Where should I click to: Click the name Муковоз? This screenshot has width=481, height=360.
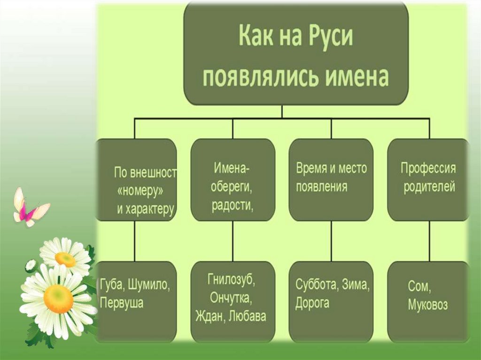click(428, 306)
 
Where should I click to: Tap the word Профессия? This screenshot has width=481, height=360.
click(428, 168)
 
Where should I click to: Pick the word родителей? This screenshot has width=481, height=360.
click(428, 186)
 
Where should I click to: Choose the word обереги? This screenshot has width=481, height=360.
click(232, 188)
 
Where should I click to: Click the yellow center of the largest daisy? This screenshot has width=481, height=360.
click(58, 299)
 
